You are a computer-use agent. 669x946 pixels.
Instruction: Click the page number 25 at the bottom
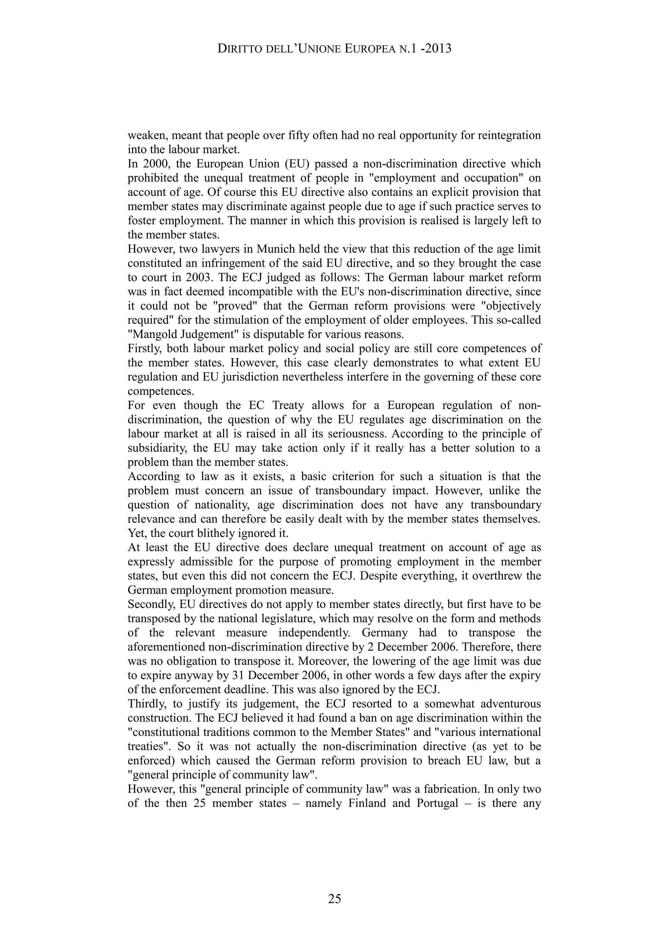[334, 899]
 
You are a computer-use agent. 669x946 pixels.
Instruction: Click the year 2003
[195, 278]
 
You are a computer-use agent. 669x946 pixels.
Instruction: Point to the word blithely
[214, 533]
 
